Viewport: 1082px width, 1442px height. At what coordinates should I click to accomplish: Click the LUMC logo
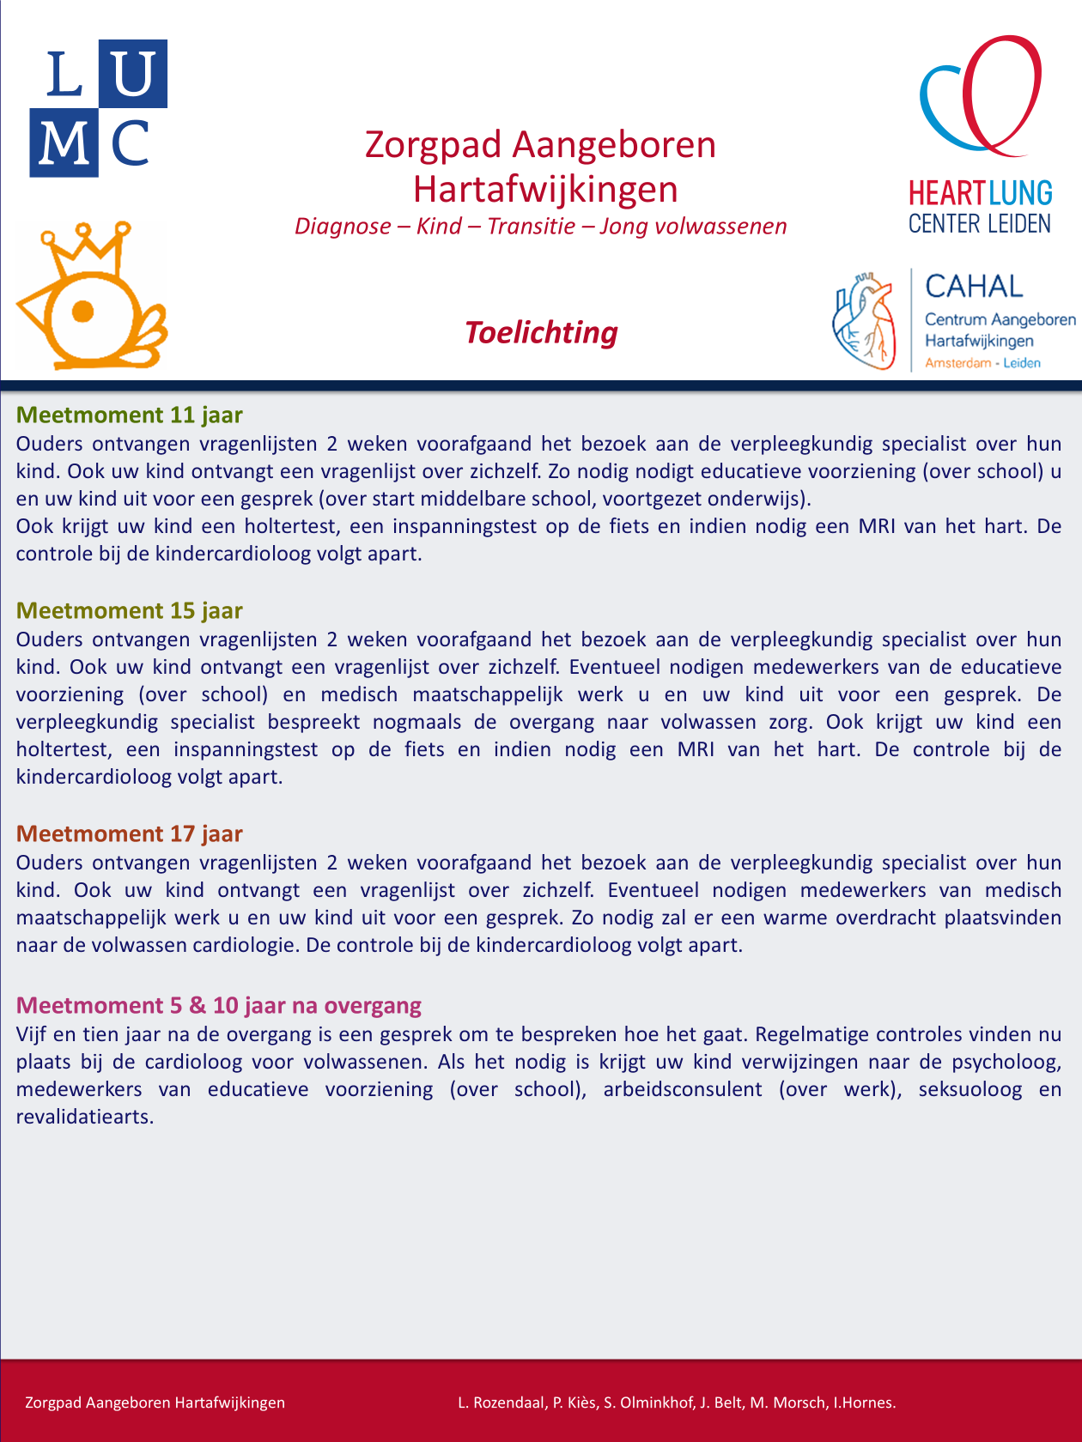click(x=99, y=108)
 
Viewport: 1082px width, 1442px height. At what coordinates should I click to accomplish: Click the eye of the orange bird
click(x=83, y=311)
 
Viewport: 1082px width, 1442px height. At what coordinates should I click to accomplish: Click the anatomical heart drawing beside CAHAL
click(x=864, y=321)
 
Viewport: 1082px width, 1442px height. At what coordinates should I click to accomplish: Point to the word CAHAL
click(x=974, y=286)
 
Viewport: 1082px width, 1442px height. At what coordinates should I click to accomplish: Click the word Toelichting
click(x=541, y=332)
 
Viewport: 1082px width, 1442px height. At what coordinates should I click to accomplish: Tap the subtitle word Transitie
click(x=532, y=226)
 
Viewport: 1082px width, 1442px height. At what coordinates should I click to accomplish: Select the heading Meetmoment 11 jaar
click(x=130, y=415)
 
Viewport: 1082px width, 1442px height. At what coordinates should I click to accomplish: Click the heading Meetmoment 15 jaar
click(x=130, y=610)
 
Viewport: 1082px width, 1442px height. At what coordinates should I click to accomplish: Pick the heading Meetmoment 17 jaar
click(x=130, y=833)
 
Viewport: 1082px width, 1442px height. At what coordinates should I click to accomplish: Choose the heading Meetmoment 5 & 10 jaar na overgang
click(x=219, y=1005)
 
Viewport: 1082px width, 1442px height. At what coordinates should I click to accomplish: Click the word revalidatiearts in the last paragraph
click(x=83, y=1117)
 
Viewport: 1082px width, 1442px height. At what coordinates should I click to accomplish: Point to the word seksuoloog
click(x=970, y=1089)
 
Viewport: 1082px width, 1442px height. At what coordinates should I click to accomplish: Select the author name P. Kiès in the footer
click(x=574, y=1403)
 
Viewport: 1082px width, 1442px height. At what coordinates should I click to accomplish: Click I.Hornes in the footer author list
click(x=865, y=1403)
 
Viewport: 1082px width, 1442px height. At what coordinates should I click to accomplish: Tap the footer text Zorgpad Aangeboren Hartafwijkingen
click(x=155, y=1403)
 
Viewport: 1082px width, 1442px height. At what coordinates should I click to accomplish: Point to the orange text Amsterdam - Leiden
click(x=982, y=363)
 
